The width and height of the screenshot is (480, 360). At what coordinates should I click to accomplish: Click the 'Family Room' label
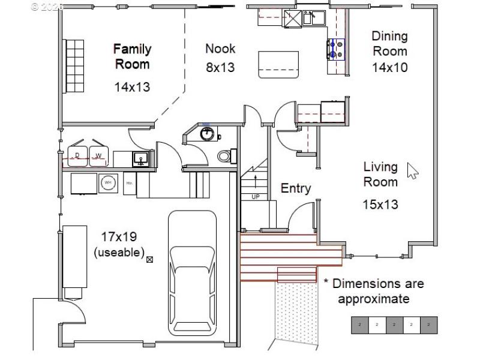[132, 56]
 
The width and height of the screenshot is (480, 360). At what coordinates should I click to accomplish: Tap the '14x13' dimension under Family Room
[132, 87]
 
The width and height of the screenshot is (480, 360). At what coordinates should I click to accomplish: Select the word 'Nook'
[220, 49]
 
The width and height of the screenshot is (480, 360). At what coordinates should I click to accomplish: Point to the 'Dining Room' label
[389, 44]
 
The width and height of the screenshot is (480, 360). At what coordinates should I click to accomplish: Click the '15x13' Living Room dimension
[380, 205]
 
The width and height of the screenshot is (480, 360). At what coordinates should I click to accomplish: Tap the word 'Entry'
[296, 188]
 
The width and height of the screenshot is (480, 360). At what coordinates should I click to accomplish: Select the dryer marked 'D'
[78, 156]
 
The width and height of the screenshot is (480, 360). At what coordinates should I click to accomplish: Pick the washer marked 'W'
[98, 156]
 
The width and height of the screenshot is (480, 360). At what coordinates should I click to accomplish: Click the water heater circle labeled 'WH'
[108, 183]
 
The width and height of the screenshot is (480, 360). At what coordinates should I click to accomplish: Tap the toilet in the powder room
[224, 156]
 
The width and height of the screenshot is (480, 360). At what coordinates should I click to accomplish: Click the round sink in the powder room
[206, 133]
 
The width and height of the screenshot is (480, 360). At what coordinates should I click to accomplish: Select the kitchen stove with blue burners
[336, 49]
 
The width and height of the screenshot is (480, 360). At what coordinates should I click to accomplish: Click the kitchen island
[278, 64]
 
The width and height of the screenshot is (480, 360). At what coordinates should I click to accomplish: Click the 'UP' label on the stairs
[255, 196]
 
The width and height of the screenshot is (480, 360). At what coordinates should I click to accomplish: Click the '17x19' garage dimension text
[118, 237]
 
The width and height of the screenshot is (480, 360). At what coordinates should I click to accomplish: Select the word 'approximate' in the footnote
[373, 299]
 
